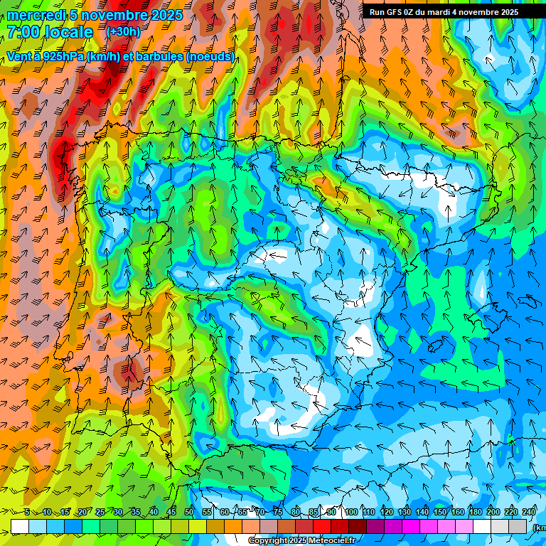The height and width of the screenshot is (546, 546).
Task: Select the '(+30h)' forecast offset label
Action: point(123,31)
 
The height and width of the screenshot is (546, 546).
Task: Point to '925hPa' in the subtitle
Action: point(62,56)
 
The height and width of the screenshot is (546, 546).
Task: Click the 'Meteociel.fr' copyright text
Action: point(329,541)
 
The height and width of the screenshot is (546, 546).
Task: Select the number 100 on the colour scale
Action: point(351,512)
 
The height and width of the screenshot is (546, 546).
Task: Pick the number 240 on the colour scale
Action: point(529,512)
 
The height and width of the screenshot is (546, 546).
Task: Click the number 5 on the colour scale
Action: point(27,512)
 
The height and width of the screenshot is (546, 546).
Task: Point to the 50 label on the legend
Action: point(189,512)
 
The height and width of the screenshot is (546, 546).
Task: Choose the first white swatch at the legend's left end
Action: point(20,526)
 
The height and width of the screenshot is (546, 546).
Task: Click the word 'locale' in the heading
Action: point(69,32)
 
